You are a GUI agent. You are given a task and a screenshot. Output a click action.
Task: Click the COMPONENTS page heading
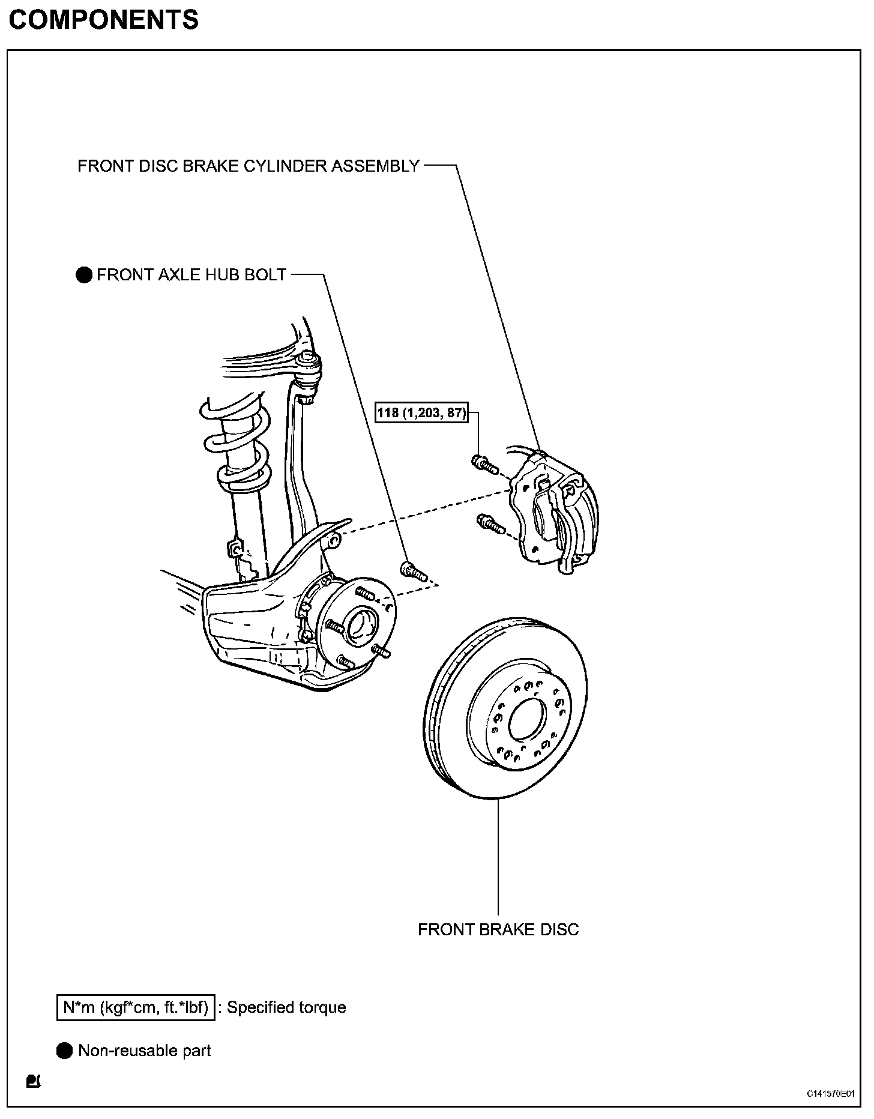click(x=103, y=20)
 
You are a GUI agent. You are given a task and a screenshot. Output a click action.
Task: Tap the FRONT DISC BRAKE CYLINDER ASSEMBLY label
click(x=249, y=166)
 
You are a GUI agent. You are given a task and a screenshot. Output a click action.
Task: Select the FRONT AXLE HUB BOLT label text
click(x=191, y=275)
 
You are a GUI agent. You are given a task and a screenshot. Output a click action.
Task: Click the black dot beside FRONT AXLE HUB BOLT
click(x=84, y=276)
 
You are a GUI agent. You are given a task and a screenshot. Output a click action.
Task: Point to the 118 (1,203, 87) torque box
click(x=421, y=413)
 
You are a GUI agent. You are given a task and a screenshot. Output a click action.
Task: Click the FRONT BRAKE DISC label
click(x=498, y=930)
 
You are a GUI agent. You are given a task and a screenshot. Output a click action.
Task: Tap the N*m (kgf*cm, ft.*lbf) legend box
click(x=136, y=1007)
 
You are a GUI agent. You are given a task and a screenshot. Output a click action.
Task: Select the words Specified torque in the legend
click(x=286, y=1007)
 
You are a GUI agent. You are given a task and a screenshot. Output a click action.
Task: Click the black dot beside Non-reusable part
click(x=65, y=1051)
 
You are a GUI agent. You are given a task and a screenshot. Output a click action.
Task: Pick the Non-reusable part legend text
click(x=145, y=1051)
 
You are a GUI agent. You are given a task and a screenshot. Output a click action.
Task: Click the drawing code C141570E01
click(x=831, y=1094)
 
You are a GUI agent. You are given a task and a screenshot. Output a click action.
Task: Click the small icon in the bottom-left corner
click(x=33, y=1081)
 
